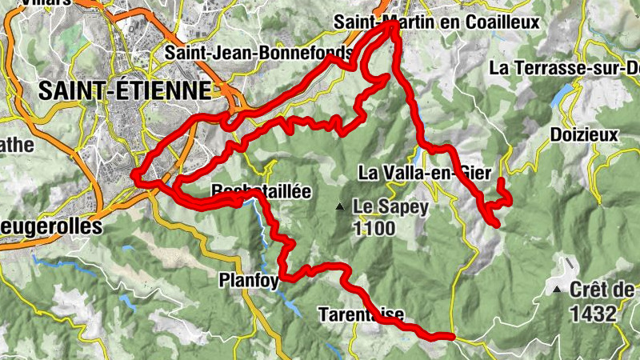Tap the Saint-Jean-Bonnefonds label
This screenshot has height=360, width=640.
point(258,53)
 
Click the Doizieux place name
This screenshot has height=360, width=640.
point(584,134)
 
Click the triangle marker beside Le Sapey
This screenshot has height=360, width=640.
point(340,207)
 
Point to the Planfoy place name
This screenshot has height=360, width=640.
point(248,279)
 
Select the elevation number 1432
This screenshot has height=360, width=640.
point(593,314)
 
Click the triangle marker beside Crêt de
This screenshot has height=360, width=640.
point(558,290)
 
